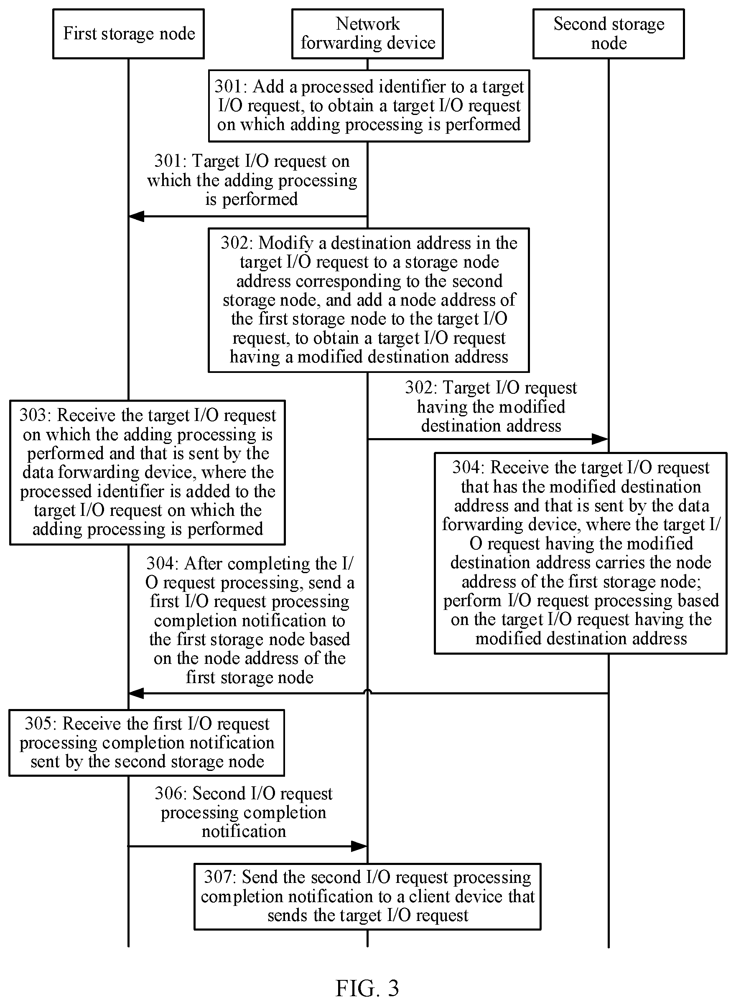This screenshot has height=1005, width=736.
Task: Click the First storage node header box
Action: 128,34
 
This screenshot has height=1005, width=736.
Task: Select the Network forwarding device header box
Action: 367,34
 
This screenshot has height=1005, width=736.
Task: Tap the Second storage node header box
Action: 609,34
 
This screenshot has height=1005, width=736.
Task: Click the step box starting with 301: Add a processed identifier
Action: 369,106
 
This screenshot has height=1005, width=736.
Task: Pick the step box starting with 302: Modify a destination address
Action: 369,300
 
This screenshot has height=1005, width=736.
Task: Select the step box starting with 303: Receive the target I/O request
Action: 148,472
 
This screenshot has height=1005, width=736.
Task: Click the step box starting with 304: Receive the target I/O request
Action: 581,553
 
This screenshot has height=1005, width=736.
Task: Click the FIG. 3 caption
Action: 367,976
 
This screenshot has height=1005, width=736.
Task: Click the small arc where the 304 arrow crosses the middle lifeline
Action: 367,690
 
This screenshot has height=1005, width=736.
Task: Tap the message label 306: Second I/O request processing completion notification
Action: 244,812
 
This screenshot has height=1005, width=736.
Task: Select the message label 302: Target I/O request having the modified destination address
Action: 491,406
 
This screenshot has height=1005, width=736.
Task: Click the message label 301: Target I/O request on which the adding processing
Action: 252,180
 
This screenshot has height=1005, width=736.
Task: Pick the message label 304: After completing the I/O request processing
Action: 250,620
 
